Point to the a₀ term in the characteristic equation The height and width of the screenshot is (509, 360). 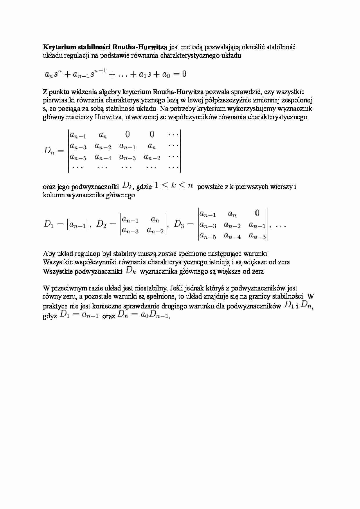[x=166, y=75]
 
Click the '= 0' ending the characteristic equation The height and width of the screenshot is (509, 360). [x=180, y=74]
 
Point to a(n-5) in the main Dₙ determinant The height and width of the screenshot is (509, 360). [x=78, y=158]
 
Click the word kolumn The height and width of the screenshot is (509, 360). [x=54, y=195]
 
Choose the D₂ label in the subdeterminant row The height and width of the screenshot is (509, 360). [x=102, y=224]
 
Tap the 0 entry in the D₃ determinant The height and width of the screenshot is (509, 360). [x=257, y=213]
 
